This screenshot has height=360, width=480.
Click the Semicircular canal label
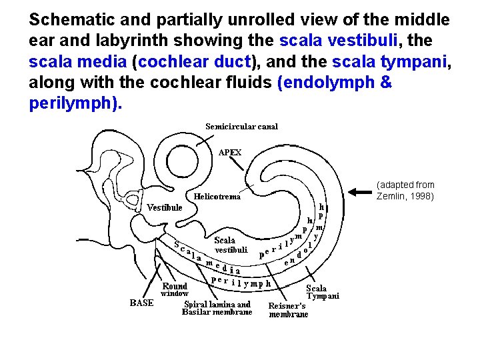tap(241, 126)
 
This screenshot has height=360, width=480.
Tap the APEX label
tap(230, 152)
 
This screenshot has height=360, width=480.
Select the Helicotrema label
tap(217, 197)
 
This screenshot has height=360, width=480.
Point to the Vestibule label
tap(165, 207)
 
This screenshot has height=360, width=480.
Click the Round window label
tap(175, 289)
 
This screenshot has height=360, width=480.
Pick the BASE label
tap(141, 303)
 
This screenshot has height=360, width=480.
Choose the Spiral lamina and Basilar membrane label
tap(217, 308)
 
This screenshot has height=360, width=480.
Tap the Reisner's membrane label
tap(288, 310)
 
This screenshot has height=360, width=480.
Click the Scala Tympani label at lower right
tap(323, 292)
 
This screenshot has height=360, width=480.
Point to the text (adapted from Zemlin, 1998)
tap(405, 190)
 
